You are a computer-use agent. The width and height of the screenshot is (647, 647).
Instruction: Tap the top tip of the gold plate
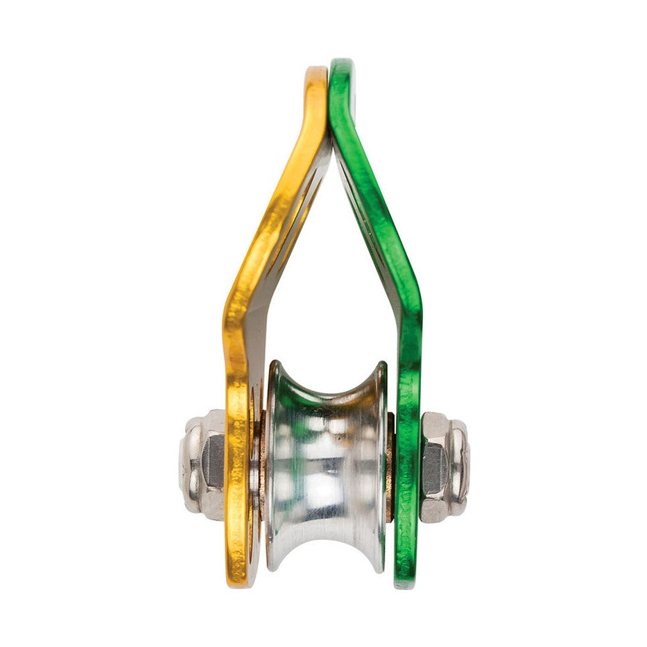[316, 70]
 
